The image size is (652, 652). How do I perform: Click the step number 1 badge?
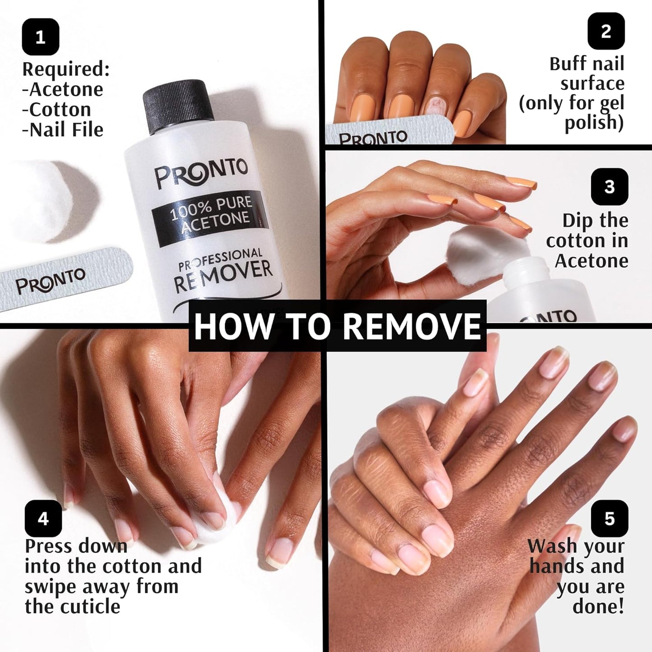point(41,37)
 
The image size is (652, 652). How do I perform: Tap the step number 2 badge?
point(606,31)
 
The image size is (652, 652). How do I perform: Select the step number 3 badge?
point(609,186)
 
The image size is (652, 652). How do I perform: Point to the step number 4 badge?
point(43,518)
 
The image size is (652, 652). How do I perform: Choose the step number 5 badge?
point(609,518)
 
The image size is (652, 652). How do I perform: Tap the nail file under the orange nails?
point(388,132)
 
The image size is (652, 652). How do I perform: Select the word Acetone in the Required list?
point(66,89)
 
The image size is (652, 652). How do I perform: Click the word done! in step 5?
point(598,606)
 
